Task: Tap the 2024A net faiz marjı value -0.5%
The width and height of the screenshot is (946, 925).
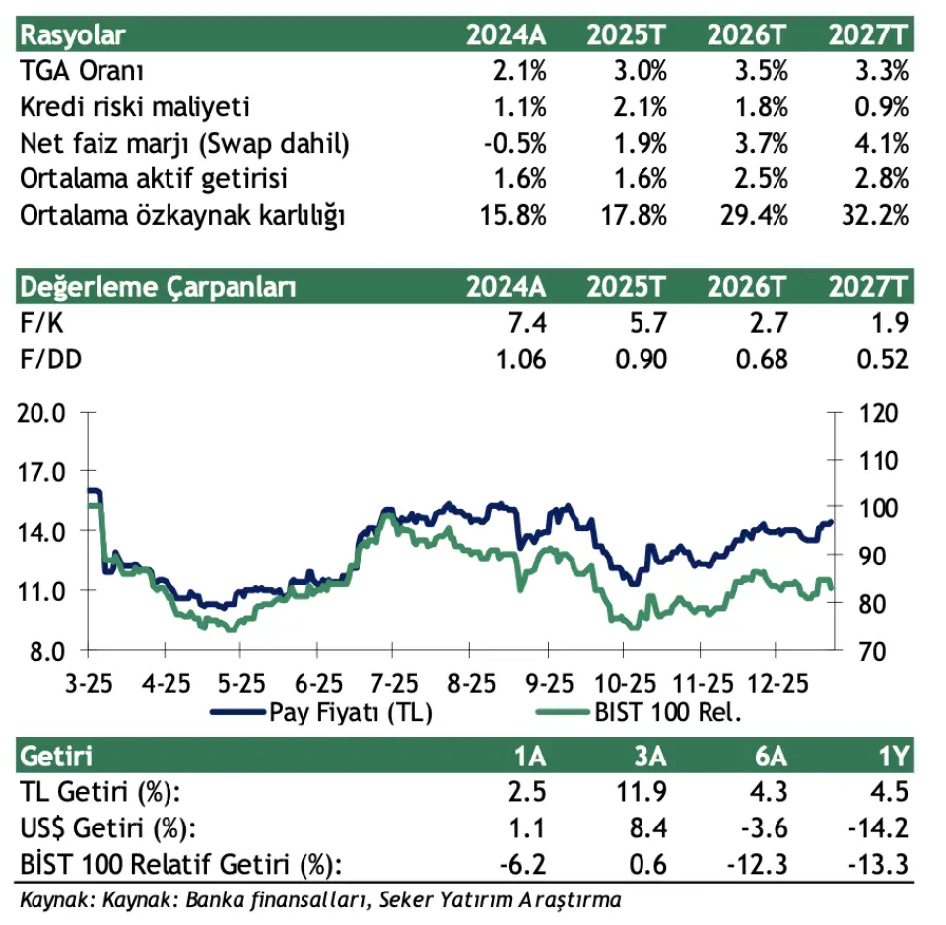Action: (x=516, y=143)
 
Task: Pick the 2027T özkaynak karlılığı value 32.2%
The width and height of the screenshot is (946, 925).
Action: (x=873, y=216)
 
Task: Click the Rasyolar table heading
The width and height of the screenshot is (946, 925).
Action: (x=74, y=35)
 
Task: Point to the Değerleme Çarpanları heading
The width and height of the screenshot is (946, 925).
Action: (x=158, y=287)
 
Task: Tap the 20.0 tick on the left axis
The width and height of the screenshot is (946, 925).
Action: (x=43, y=413)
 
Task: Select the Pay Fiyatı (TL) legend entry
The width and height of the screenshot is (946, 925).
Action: (x=350, y=711)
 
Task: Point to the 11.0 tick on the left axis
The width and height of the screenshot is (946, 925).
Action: (x=43, y=591)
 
